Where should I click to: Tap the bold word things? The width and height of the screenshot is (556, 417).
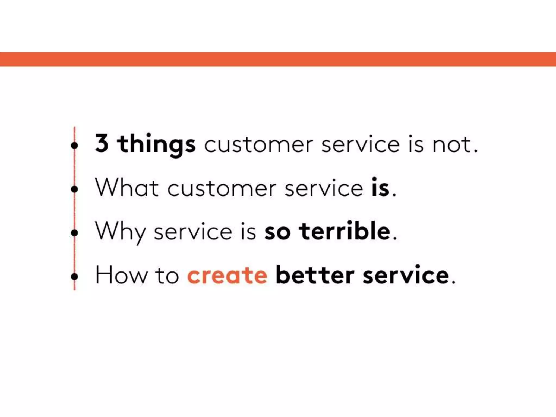coord(156,144)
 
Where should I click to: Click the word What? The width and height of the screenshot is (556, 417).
coord(127,188)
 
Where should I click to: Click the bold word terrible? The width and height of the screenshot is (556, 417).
coord(345,231)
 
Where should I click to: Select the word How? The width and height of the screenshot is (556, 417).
coord(121,275)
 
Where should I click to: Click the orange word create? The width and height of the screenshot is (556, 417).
coord(227,275)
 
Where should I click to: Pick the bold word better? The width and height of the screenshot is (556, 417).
coord(315,275)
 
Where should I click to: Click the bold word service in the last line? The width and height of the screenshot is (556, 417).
coord(406,275)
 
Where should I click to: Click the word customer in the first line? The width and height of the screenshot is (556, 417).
coord(258,144)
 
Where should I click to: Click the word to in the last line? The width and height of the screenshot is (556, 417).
coord(167,275)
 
